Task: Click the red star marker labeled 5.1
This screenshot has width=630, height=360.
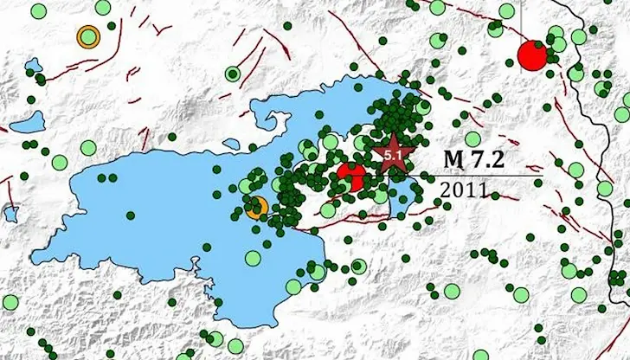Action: point(394,155)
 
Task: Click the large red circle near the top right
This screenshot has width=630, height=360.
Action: point(532,55)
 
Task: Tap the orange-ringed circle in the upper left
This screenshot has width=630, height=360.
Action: point(87,36)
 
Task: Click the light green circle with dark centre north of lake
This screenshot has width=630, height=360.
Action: point(231,74)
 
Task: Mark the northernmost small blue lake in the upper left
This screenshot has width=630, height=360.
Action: point(35,66)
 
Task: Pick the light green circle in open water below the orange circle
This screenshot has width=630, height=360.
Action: point(252,257)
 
